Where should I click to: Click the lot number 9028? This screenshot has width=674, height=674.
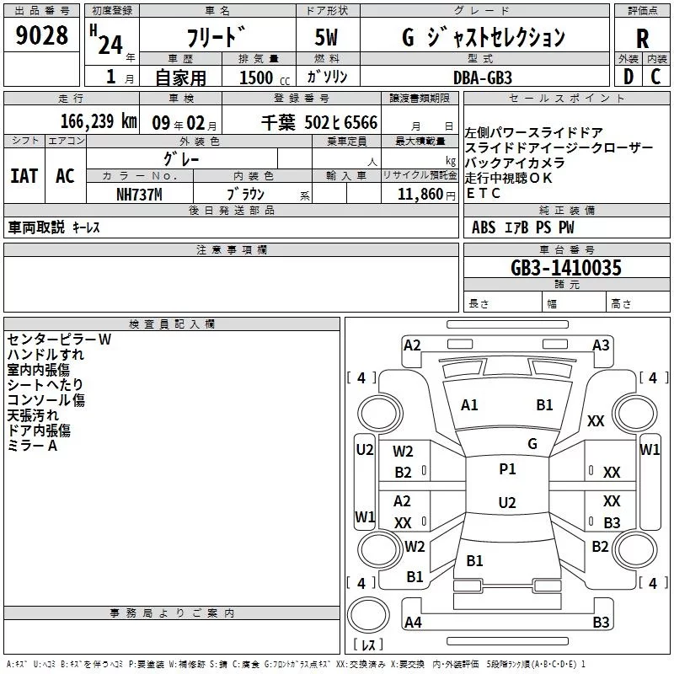[42, 36]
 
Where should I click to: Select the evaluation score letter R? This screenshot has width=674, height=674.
[642, 39]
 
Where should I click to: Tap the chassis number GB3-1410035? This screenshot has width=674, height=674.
[566, 268]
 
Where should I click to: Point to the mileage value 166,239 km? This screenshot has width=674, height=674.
[99, 121]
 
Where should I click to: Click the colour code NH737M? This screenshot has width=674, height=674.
[140, 193]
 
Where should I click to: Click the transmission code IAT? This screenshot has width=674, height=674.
[24, 176]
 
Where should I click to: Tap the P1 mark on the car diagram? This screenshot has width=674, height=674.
[507, 469]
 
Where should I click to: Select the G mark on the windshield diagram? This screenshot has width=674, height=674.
[532, 444]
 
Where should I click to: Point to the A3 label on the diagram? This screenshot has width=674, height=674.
[601, 345]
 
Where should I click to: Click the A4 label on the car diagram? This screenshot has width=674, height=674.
[413, 623]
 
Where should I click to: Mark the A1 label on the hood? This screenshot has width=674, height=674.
[469, 405]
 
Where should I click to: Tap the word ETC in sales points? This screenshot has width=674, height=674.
[484, 193]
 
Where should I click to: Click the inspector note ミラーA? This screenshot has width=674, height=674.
[32, 446]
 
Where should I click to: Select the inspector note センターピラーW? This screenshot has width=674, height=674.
[59, 340]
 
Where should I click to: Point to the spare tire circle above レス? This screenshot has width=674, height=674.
[368, 613]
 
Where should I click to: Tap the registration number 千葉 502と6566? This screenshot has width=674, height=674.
[319, 122]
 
